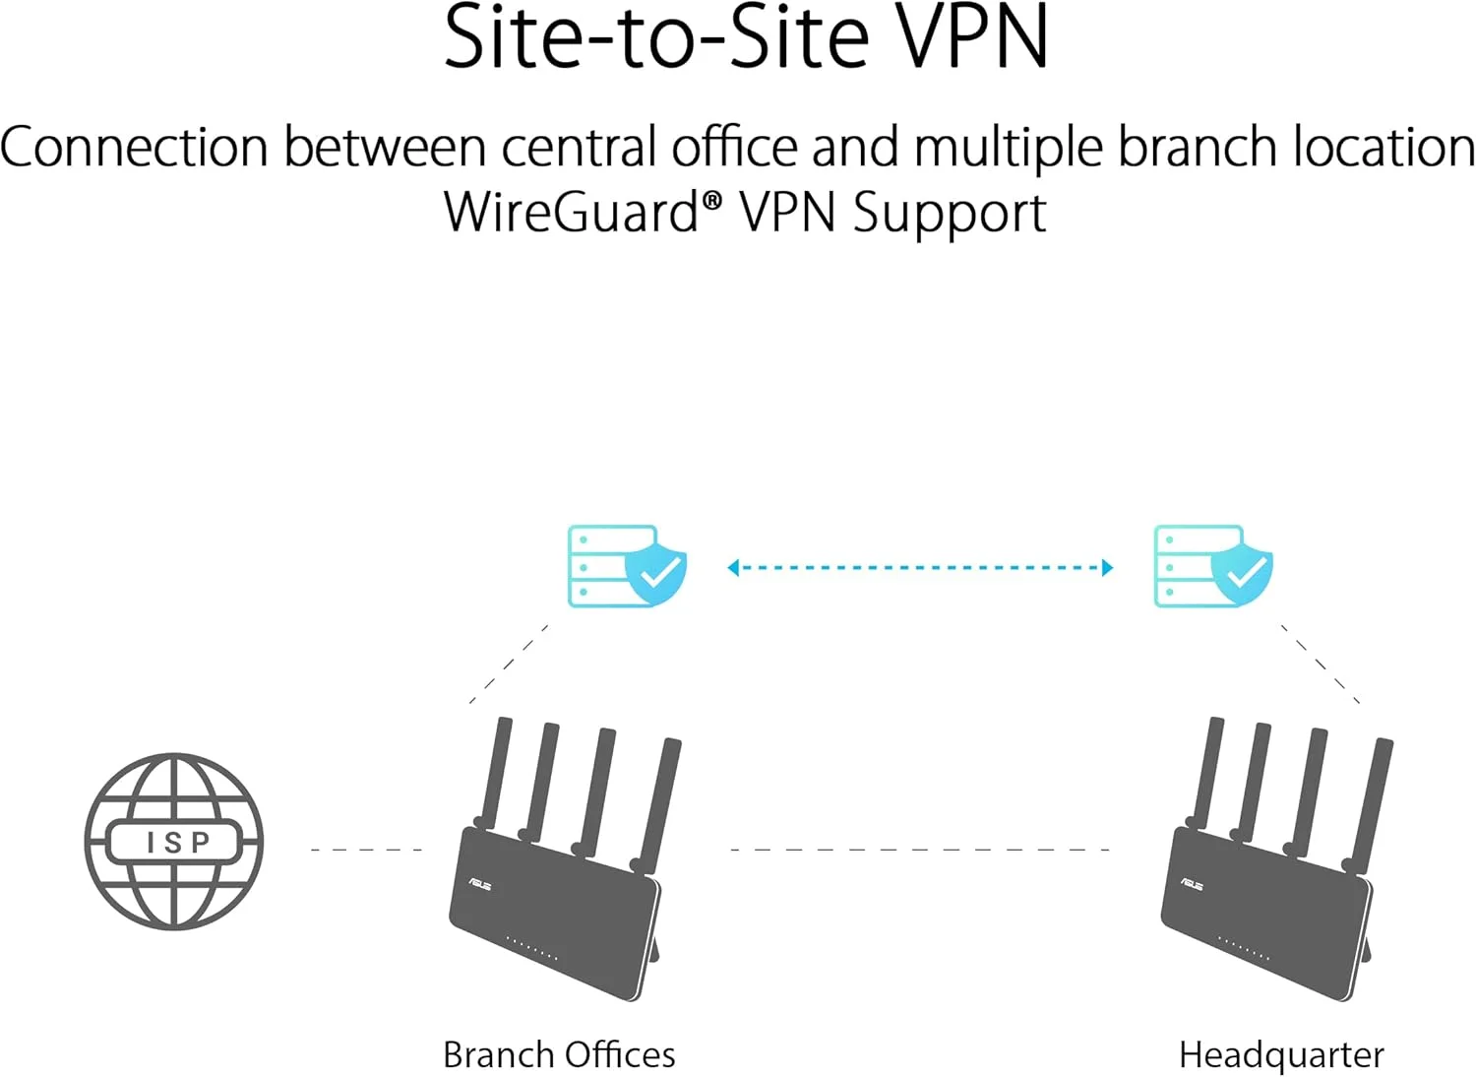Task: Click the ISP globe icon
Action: click(174, 842)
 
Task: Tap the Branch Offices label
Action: click(559, 1054)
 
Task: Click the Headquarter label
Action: click(1281, 1054)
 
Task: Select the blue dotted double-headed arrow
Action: click(920, 568)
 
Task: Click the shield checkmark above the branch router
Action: click(657, 572)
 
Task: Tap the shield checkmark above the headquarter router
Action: click(1243, 572)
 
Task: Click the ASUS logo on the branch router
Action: click(480, 884)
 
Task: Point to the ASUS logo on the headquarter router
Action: click(1192, 884)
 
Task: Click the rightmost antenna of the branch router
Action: click(659, 802)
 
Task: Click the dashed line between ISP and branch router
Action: click(366, 850)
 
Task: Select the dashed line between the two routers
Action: click(920, 850)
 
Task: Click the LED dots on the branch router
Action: click(531, 950)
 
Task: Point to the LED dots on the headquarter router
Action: click(1244, 950)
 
